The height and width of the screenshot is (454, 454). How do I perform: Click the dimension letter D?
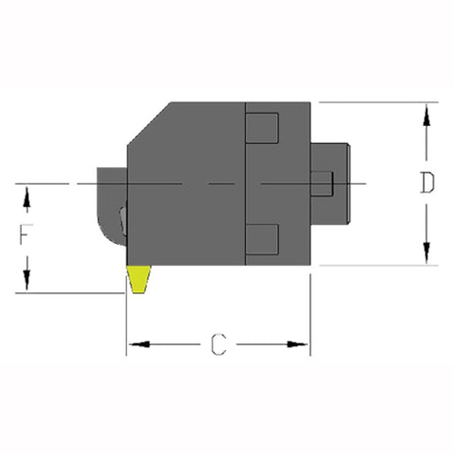click(428, 183)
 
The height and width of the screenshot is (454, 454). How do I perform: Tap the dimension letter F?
click(26, 236)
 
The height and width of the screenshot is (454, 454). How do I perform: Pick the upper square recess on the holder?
click(262, 126)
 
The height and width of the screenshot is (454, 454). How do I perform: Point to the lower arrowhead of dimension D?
click(428, 253)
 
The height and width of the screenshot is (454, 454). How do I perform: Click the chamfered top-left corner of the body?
click(148, 123)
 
